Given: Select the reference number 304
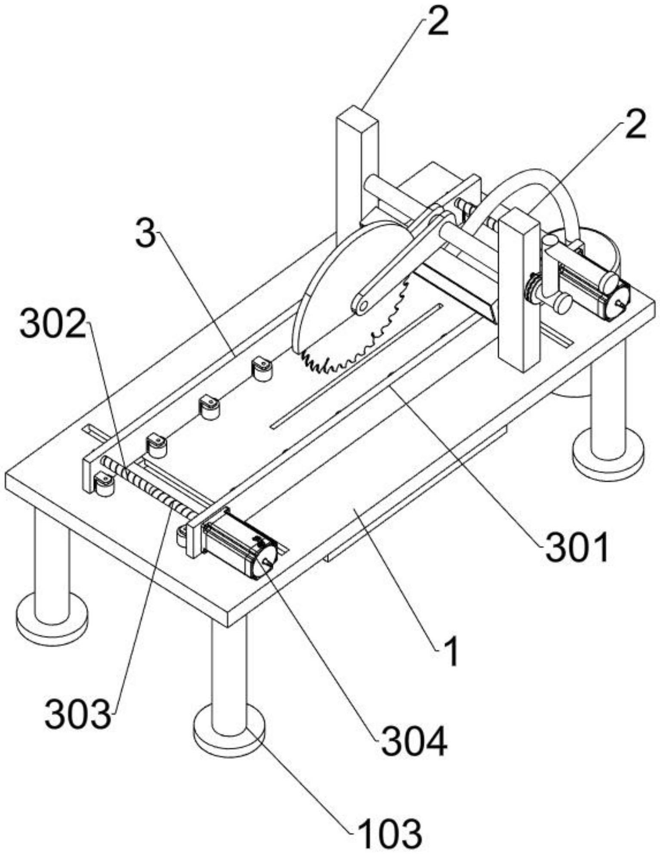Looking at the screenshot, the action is [x=414, y=741].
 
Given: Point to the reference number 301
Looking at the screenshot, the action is [x=577, y=547].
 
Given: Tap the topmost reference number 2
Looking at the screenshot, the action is [x=438, y=22].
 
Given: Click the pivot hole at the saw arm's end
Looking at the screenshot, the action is [x=363, y=306].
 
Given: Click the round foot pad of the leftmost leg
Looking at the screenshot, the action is [x=52, y=619].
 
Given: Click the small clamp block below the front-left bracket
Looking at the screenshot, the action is [x=105, y=485].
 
